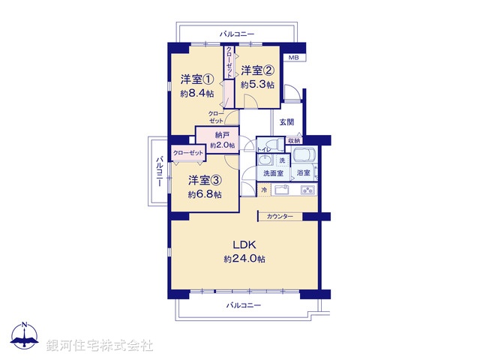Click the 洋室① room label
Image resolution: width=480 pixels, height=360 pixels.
(x=196, y=79)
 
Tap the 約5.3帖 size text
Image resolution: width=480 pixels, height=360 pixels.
(x=257, y=85)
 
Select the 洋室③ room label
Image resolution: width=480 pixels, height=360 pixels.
(x=204, y=180)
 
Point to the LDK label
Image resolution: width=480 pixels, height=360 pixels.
(x=244, y=244)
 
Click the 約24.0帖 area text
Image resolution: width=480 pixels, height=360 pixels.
(x=244, y=259)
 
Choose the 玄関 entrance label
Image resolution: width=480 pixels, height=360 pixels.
(x=287, y=122)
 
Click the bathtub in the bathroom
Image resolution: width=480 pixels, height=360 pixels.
(x=304, y=157)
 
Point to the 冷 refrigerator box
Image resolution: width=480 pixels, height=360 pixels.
(x=264, y=190)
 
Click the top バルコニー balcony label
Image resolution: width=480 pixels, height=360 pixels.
(x=237, y=34)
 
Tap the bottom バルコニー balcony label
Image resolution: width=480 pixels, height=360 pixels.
(x=243, y=305)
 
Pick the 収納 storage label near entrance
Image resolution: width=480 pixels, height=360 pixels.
(x=294, y=140)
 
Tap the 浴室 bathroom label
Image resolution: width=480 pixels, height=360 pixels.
(x=305, y=173)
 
